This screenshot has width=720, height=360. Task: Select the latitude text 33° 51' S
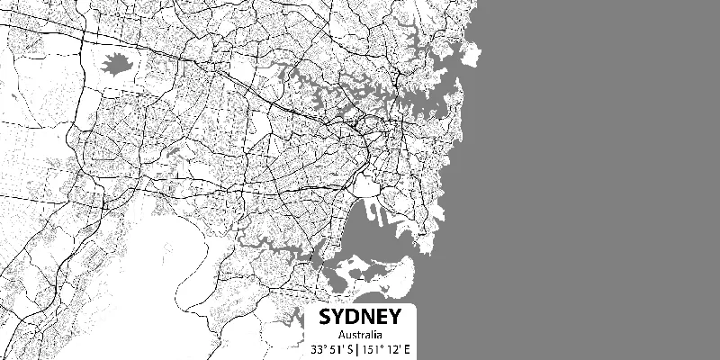[x=331, y=348]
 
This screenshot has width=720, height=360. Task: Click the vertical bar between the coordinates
[x=358, y=348]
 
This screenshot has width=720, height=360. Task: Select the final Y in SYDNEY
[x=393, y=319]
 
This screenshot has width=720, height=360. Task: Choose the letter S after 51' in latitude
[x=349, y=348]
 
